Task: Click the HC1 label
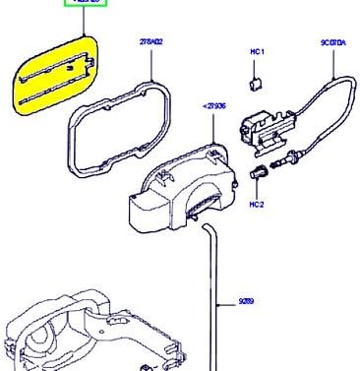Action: pos(258,51)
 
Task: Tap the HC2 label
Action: pos(257,204)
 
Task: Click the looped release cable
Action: pos(330,118)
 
